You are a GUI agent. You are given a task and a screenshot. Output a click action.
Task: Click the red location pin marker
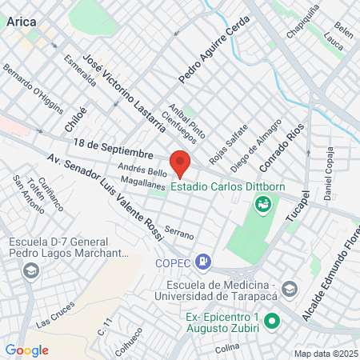180,163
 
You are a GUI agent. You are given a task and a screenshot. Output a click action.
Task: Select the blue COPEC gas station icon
205,260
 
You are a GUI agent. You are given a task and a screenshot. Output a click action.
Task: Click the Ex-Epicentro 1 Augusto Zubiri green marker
272,322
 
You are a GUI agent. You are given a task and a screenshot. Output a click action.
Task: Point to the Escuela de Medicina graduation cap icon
290,288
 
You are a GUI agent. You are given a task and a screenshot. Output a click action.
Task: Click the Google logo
26,350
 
